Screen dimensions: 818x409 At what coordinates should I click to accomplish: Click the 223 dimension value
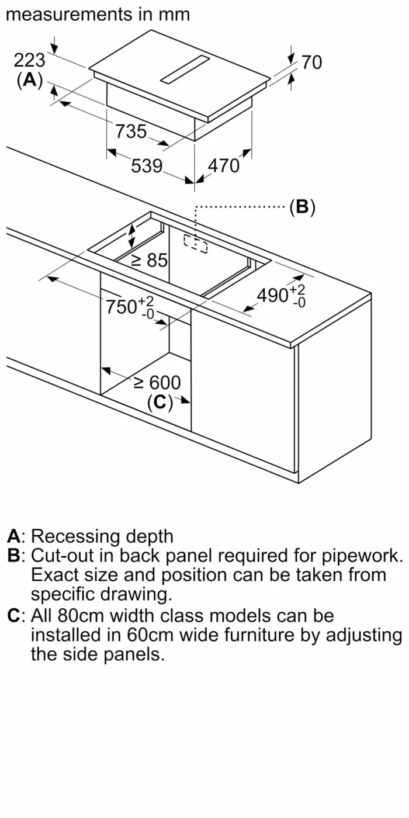coord(30,60)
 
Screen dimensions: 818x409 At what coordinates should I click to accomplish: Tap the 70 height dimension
coord(312,62)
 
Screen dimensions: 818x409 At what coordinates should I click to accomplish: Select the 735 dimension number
coord(131,131)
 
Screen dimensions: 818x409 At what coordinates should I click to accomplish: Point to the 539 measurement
coord(146,166)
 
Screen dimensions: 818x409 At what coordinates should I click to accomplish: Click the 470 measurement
coord(224,166)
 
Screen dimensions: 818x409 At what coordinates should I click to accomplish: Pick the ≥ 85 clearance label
coord(149,260)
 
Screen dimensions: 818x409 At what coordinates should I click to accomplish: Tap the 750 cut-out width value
coord(122,306)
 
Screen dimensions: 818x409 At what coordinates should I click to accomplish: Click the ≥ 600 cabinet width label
coord(157,383)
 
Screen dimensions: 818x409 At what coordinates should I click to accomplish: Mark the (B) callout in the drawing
coord(302,207)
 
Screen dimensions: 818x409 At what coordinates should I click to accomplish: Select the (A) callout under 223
coord(30,80)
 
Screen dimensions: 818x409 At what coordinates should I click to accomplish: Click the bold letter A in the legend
coord(14,536)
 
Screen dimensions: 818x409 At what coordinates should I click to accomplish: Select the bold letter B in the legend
coord(14,555)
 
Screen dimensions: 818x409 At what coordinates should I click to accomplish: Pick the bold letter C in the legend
coord(14,615)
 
